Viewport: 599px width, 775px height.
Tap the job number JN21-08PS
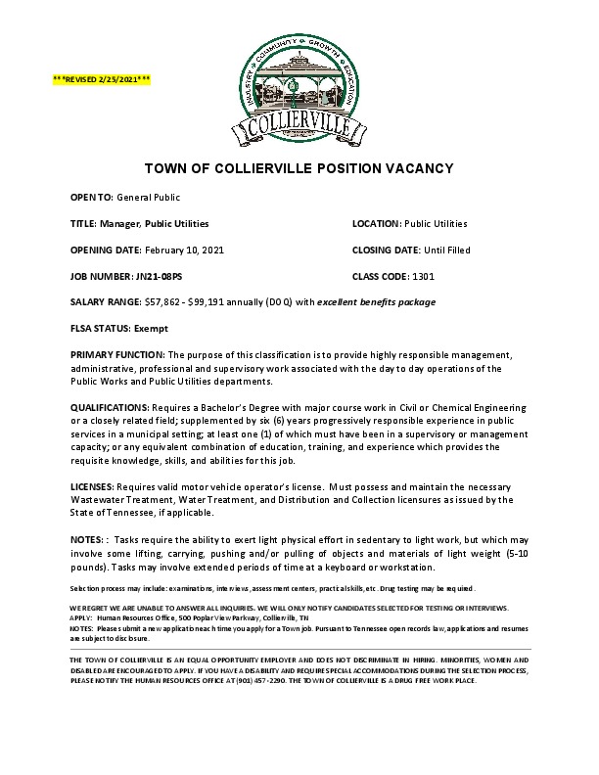click(139, 276)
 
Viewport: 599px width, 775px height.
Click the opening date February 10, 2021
click(187, 250)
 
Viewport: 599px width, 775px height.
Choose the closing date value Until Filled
click(447, 250)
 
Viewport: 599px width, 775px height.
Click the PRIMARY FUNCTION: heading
click(117, 354)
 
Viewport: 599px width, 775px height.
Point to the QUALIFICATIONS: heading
click(107, 406)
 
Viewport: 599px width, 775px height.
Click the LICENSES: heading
click(92, 486)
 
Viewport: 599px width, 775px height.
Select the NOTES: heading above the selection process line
click(89, 539)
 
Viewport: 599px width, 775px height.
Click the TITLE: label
click(83, 223)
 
